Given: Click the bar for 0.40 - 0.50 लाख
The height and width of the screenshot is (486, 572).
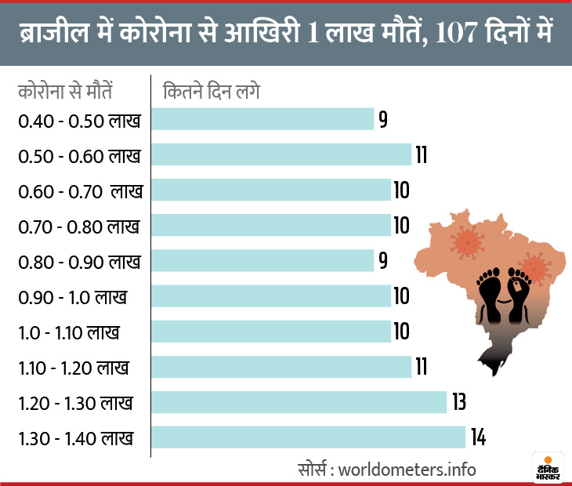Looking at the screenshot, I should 262,119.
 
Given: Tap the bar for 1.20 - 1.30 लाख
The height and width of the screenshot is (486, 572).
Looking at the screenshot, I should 299,402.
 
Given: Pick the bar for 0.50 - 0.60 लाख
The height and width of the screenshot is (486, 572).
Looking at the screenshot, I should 281,154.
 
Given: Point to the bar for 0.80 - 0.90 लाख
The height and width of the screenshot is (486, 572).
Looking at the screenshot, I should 262,260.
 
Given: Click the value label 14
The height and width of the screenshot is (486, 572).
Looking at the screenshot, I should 478,437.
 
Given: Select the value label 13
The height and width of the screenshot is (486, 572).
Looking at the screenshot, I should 459,402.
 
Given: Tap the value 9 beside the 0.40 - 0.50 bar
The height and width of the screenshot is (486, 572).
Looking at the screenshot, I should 383,119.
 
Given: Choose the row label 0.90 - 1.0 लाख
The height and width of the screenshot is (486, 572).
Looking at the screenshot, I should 72,297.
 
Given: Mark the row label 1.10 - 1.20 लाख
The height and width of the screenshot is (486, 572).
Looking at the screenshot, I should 73,368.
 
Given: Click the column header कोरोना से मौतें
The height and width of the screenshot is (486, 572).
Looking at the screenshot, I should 65,90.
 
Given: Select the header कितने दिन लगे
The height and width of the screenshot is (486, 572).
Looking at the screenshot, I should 211,90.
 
